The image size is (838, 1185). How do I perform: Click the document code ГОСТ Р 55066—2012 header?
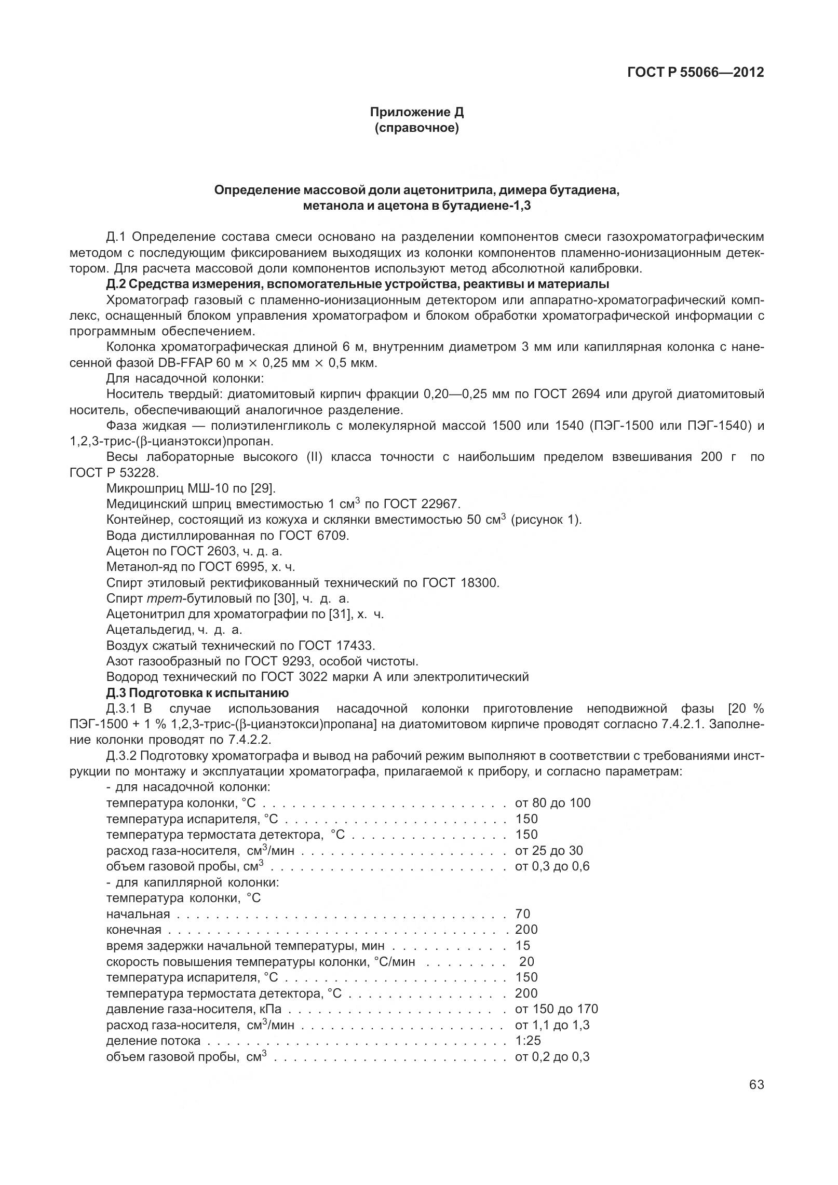(695, 73)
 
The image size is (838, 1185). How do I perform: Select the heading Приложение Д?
(416, 112)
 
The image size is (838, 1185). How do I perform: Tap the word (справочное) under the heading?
(416, 128)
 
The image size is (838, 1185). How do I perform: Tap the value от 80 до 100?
(552, 803)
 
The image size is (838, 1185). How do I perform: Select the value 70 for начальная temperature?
(522, 914)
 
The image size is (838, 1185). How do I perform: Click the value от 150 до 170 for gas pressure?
(556, 1009)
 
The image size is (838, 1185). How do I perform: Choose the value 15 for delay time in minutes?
(522, 945)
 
